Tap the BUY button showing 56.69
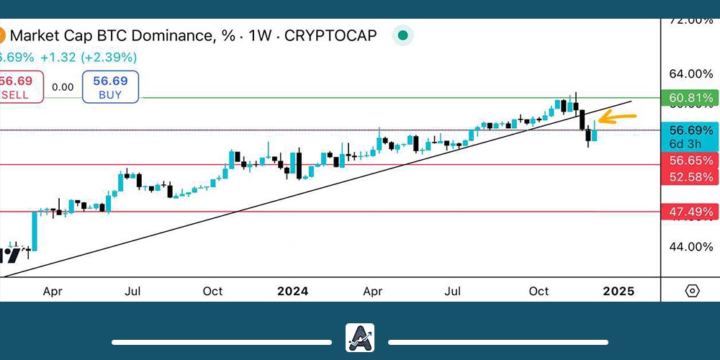[x=110, y=86]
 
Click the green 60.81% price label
[x=691, y=98]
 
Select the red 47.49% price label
[x=691, y=212]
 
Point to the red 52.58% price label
[x=691, y=177]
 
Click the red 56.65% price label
[x=691, y=161]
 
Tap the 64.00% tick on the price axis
[x=690, y=73]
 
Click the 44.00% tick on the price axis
[x=690, y=246]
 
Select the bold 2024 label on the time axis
[x=292, y=291]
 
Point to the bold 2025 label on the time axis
[x=618, y=291]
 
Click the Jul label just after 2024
[x=452, y=291]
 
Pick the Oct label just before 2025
[x=539, y=291]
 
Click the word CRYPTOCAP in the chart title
[x=331, y=35]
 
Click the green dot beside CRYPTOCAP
[x=403, y=35]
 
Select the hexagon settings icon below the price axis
[x=692, y=291]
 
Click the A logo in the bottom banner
[x=360, y=338]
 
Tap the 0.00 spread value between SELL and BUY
[x=63, y=87]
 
